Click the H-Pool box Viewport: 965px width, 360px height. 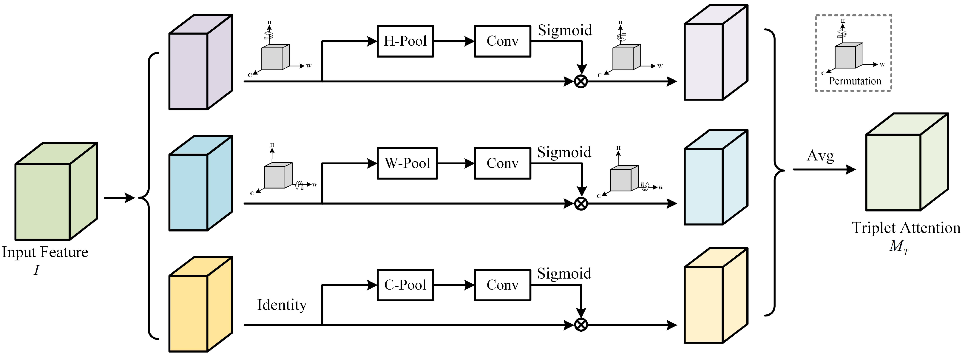(x=405, y=41)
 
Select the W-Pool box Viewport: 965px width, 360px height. (x=407, y=163)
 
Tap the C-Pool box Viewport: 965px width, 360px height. (x=405, y=285)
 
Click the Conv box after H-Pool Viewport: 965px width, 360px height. (x=502, y=41)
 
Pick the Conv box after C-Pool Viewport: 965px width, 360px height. (x=502, y=285)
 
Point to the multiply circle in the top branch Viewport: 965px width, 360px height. (x=581, y=81)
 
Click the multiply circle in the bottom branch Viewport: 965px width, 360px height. (x=581, y=325)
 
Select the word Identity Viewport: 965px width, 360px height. (x=282, y=305)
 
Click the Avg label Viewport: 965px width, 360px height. (x=820, y=156)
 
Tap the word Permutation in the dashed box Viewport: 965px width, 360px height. (x=855, y=81)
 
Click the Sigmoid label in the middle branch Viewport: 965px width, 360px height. (x=564, y=152)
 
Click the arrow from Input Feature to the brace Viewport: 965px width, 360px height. (x=119, y=198)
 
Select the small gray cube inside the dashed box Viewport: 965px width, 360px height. (x=848, y=56)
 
